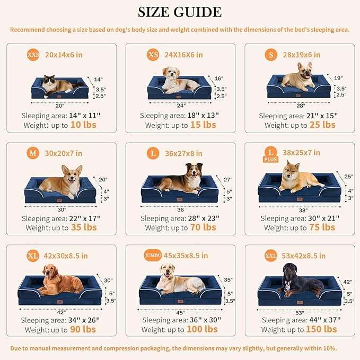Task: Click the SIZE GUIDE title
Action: click(180, 12)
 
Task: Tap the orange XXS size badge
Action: click(33, 54)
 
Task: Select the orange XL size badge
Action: click(33, 256)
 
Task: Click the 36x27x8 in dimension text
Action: click(183, 154)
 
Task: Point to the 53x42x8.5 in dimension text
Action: click(304, 256)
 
